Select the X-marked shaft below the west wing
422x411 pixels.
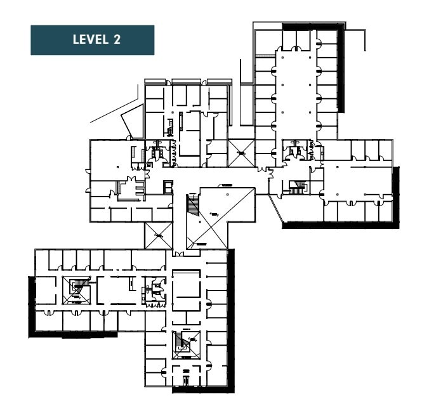158,235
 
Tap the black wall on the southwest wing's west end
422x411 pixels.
31,306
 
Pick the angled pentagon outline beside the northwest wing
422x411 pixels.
132,122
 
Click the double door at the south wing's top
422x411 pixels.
178,254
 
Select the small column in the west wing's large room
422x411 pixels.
118,167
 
